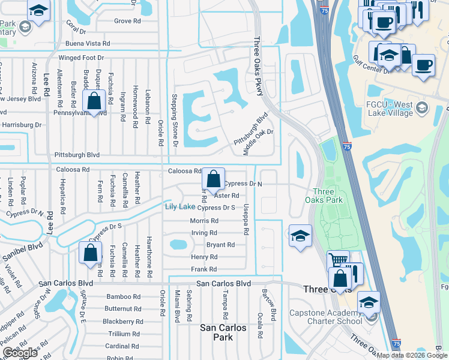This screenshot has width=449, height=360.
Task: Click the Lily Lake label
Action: [180, 207]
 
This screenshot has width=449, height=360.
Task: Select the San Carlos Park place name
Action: [223, 332]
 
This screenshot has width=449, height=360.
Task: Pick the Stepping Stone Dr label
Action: [175, 120]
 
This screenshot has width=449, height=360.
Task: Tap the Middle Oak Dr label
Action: [258, 142]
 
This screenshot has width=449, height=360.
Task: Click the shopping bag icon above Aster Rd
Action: [213, 179]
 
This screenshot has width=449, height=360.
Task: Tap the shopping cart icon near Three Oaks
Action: [338, 262]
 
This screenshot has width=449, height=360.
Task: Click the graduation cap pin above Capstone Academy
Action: [369, 302]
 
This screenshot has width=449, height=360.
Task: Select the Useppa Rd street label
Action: [246, 218]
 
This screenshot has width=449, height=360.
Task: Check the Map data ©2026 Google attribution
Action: [411, 355]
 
